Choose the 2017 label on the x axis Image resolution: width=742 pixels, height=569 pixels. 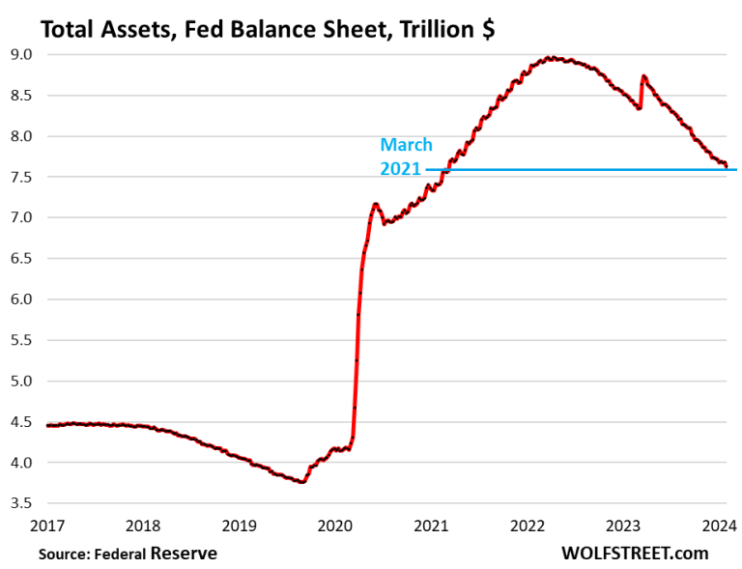pos(47,526)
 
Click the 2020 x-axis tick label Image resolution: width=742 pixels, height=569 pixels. pos(335,526)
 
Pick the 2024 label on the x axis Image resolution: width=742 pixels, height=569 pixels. pos(719,526)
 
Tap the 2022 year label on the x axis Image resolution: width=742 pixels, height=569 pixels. pos(528,526)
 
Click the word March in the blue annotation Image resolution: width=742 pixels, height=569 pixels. pos(406,145)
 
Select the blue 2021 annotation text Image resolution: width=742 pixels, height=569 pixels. pos(401,168)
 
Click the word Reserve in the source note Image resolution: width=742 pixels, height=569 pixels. pos(185,554)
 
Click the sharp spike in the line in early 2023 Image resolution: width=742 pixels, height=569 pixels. pos(642,76)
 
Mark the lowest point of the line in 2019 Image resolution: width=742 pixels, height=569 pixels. pos(302,481)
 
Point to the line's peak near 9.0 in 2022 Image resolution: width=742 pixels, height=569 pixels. pos(550,58)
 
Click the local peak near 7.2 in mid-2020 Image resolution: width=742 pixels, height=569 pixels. pos(375,204)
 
